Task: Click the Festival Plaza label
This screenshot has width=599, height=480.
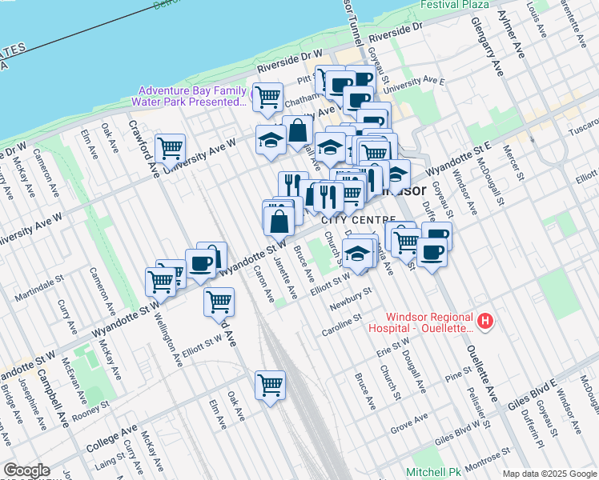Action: coord(455,4)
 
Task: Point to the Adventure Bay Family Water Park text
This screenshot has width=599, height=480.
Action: coord(191,96)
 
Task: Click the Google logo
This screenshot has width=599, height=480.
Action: coord(26,470)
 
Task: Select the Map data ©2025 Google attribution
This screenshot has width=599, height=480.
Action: coord(549,474)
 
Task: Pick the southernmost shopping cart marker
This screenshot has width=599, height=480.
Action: coord(271,385)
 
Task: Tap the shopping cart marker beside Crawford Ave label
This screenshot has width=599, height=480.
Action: coord(171,148)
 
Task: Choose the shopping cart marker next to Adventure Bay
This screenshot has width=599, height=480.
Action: coord(268,97)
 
